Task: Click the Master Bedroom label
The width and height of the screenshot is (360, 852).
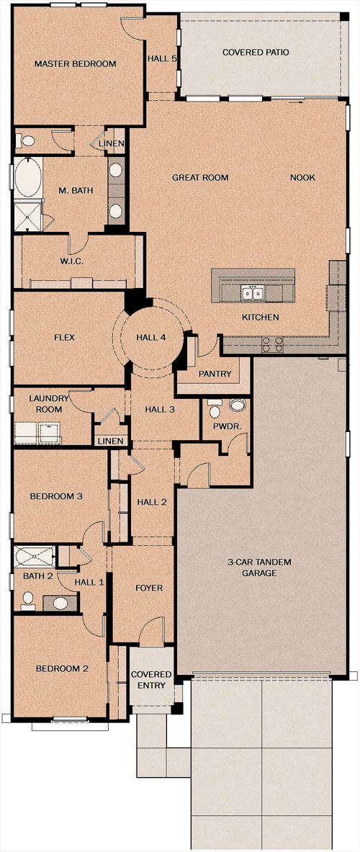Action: tap(75, 64)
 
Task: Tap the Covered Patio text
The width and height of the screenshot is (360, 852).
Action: tap(255, 53)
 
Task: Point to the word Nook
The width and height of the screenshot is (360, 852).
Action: tap(302, 178)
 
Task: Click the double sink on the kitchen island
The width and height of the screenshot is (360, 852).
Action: tap(253, 293)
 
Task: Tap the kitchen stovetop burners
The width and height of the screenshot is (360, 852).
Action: tap(272, 344)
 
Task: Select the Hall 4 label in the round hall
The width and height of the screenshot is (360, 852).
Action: tap(151, 338)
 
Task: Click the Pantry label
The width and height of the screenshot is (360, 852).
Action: tap(215, 374)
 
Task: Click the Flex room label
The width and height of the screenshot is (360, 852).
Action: tap(64, 338)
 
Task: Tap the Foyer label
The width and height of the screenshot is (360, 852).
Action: tap(149, 588)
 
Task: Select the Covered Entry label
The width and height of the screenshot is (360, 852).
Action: tap(151, 680)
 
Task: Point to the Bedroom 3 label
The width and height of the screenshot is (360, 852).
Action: tap(56, 496)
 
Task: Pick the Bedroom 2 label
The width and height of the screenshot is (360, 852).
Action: tap(62, 669)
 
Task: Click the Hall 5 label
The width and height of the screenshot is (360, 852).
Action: tap(162, 58)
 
